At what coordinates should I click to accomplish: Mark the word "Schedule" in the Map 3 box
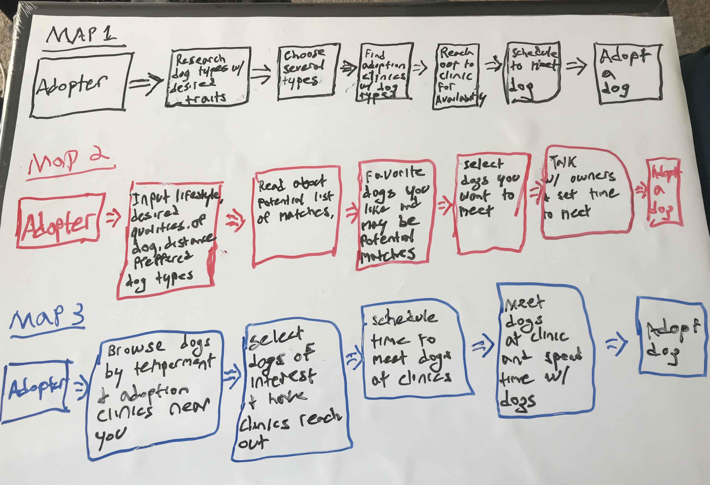405,318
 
